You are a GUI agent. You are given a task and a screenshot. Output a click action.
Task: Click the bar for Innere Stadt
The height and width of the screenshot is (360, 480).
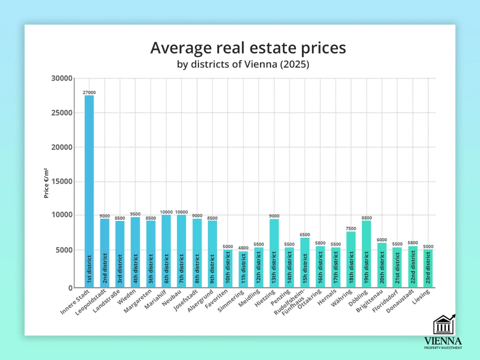click(x=89, y=190)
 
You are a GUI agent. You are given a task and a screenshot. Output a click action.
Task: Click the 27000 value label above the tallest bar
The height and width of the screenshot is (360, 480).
click(x=89, y=92)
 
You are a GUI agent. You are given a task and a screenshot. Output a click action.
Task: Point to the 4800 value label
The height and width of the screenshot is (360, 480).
click(x=243, y=248)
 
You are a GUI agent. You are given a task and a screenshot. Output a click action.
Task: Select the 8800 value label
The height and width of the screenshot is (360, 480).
click(x=366, y=218)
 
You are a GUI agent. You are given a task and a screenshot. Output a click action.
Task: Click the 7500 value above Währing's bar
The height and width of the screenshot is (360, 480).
click(x=351, y=228)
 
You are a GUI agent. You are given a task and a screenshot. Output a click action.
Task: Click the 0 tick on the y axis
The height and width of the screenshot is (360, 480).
click(x=70, y=287)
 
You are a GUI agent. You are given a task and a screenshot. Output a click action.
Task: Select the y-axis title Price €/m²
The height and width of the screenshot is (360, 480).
click(x=46, y=183)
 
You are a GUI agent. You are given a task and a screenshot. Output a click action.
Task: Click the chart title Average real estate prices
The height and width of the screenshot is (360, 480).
click(x=248, y=48)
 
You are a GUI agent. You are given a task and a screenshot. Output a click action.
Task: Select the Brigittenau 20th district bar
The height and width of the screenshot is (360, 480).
click(x=382, y=265)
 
